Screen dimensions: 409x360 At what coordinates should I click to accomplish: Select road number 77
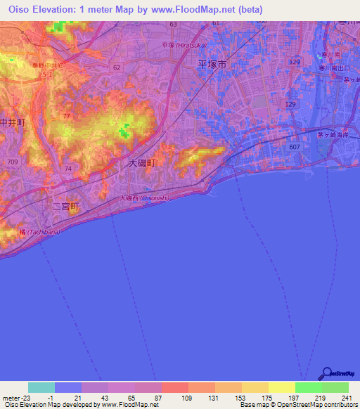(66, 115)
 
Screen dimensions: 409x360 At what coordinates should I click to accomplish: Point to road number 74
(67, 169)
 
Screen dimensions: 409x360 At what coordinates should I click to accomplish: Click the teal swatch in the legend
(41, 387)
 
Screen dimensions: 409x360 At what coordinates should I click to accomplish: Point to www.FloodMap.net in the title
(204, 9)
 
